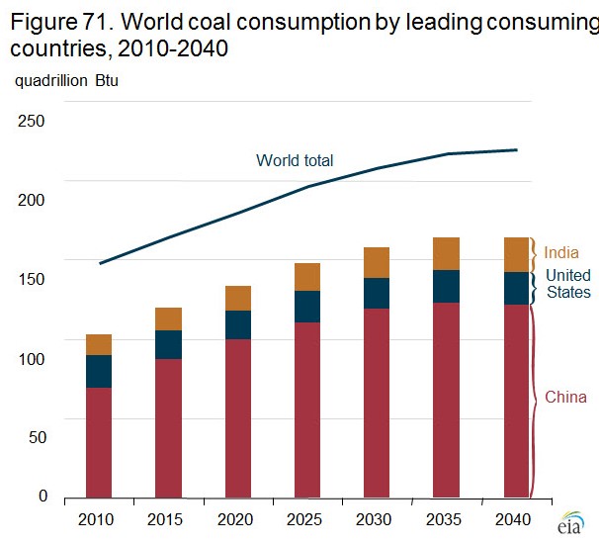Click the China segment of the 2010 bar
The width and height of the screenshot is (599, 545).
pos(99,442)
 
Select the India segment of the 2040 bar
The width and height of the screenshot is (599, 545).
pos(518,254)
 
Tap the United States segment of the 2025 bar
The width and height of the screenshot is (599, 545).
pos(308,307)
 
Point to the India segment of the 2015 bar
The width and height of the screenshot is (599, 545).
pos(169,318)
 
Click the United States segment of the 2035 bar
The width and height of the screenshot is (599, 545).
pos(448,286)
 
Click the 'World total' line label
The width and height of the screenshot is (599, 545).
pos(295,160)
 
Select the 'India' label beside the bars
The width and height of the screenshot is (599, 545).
pos(561,253)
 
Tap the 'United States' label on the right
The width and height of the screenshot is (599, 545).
pos(568,283)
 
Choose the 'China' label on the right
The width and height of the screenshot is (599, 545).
pos(566,398)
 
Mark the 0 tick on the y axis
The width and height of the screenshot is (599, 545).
pos(42,497)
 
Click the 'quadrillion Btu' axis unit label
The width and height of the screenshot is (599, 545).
pos(65,80)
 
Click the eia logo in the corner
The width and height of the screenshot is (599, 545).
pos(571,525)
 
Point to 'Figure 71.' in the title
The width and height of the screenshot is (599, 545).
pos(59,19)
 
